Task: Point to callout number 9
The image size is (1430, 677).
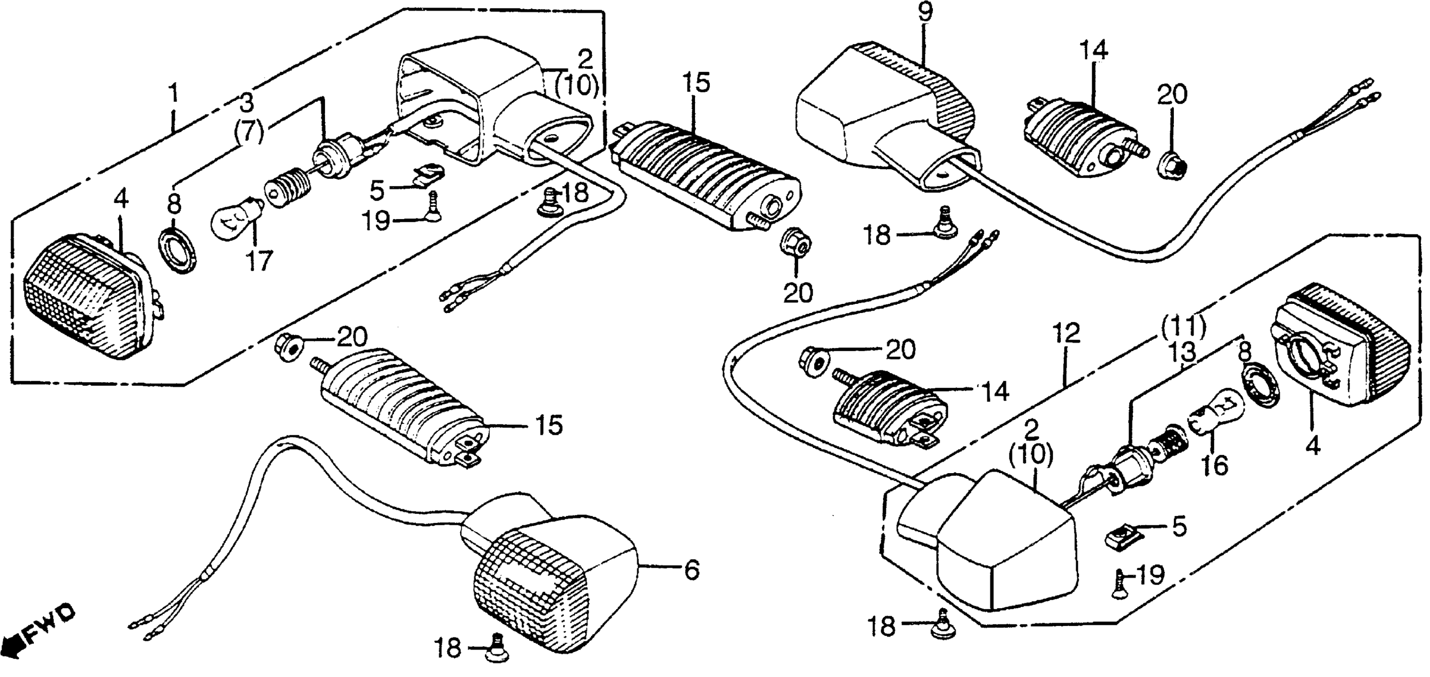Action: coord(925,12)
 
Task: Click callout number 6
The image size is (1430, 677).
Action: coord(691,570)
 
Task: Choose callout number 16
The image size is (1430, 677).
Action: coord(1215,466)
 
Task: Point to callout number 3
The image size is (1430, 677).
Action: coord(247,103)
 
